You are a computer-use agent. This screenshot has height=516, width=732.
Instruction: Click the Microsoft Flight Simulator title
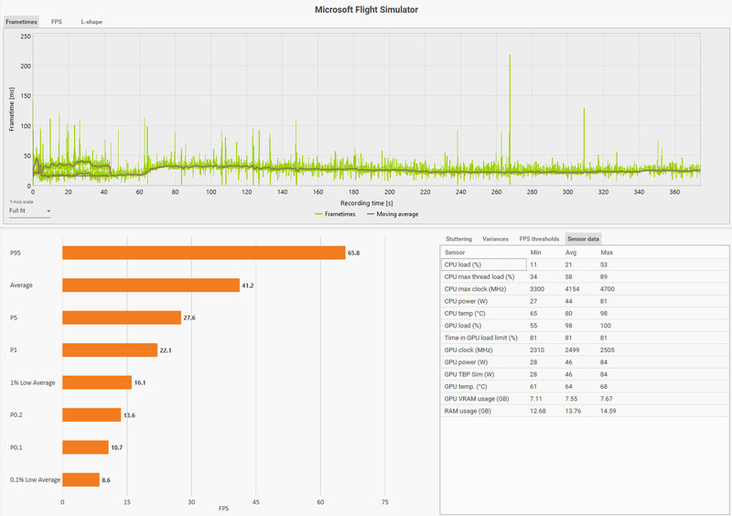coord(366,9)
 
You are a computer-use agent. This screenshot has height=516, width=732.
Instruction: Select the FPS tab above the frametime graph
coord(57,21)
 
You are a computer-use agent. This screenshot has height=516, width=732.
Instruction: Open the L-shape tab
coord(91,21)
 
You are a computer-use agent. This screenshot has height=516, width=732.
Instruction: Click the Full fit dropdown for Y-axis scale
coord(29,210)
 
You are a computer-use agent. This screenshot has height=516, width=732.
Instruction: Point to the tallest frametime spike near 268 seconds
coord(510,57)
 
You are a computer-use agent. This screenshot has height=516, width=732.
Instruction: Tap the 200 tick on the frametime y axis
coord(26,66)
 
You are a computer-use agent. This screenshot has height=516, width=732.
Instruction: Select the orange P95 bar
coord(203,253)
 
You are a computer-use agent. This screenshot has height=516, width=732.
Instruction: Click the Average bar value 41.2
coord(247,285)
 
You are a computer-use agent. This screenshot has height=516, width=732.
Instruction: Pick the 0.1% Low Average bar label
coord(35,479)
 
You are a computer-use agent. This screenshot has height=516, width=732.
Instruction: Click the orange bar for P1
coord(110,349)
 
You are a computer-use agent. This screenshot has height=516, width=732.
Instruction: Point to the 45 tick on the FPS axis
coord(256,502)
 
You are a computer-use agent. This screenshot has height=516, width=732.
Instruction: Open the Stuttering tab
coord(458,238)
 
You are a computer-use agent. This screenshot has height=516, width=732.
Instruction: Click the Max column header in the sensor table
coord(608,252)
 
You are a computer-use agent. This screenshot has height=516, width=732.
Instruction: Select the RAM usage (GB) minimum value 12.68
coord(540,411)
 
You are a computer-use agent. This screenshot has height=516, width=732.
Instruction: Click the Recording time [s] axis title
coord(366,202)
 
